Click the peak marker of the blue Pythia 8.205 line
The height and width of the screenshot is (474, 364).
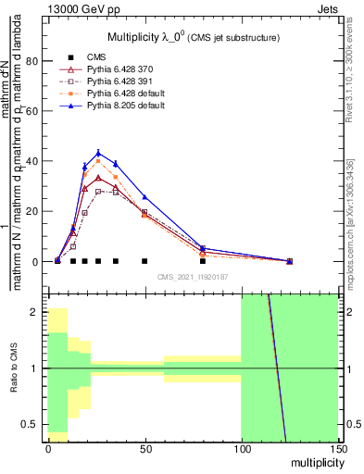[98, 153]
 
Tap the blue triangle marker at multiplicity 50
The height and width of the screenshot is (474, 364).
[144, 197]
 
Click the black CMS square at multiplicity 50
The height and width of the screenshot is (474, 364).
[144, 261]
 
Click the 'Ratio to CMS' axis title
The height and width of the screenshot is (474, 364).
[12, 370]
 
